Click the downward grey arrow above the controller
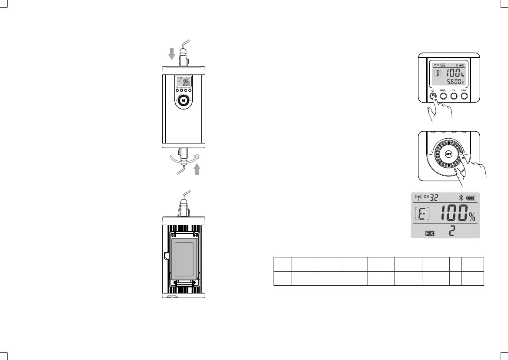point(172,53)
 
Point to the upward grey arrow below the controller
point(197,168)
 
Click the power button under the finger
point(433,96)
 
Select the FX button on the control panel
point(454,96)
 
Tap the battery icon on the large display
point(471,198)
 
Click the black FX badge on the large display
point(430,233)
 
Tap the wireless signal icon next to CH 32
point(418,198)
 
